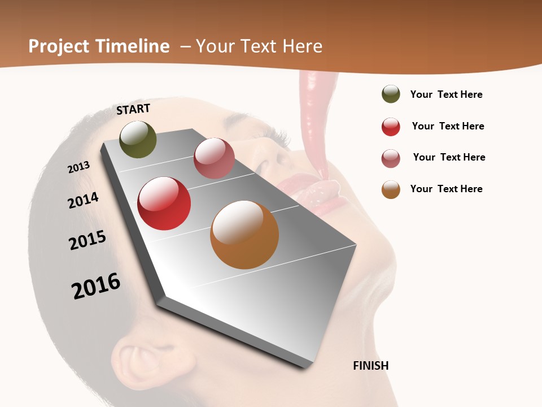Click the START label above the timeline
133,109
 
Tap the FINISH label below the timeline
370,366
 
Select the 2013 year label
78,167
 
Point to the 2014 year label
83,201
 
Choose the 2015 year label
88,240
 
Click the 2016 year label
96,286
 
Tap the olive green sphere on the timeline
138,140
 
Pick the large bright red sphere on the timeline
164,203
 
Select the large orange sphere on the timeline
244,235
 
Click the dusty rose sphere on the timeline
214,158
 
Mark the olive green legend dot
391,94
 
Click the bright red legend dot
391,127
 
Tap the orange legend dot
391,189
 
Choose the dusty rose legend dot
391,158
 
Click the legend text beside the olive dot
446,95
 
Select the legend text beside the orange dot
446,189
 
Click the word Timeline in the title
132,46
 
